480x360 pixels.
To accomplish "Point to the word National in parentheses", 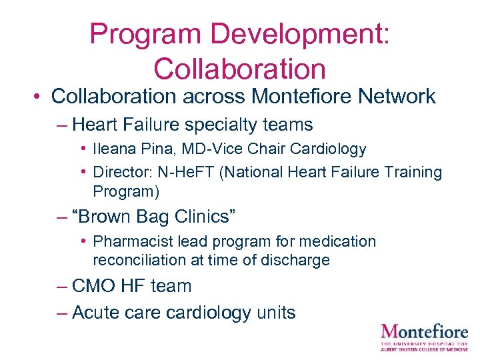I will coord(256,172).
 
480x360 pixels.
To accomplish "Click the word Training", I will coord(414,172).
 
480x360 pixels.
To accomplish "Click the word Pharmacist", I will coord(129,241).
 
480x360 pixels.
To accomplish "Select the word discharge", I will coord(297,260).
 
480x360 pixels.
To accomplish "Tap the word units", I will coord(274,312).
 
